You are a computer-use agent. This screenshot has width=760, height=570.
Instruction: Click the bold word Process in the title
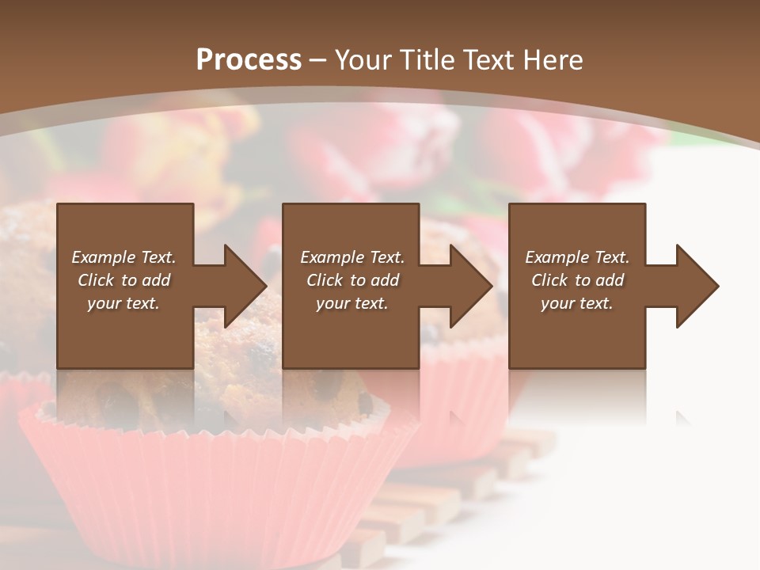click(x=249, y=60)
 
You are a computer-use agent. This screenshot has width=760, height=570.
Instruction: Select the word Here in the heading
click(x=552, y=60)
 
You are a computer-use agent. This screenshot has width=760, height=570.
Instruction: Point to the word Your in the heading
click(x=361, y=60)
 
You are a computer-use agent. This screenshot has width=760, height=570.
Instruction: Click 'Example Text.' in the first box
click(x=123, y=257)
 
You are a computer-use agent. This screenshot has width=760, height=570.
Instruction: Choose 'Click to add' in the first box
click(x=123, y=280)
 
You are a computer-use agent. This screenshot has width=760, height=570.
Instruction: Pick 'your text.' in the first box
click(x=123, y=303)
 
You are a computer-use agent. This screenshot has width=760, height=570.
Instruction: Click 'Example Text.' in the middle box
click(x=352, y=257)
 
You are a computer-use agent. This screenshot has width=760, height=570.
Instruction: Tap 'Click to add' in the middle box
click(x=352, y=280)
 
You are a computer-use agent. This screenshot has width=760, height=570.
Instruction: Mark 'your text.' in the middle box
click(x=352, y=303)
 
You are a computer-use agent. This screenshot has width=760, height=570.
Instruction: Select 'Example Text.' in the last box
click(x=577, y=257)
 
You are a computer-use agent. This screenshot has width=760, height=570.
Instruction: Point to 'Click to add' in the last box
click(x=577, y=280)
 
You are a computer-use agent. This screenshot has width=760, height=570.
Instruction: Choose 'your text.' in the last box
click(x=577, y=303)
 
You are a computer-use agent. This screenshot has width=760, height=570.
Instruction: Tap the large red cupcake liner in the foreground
click(x=214, y=483)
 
